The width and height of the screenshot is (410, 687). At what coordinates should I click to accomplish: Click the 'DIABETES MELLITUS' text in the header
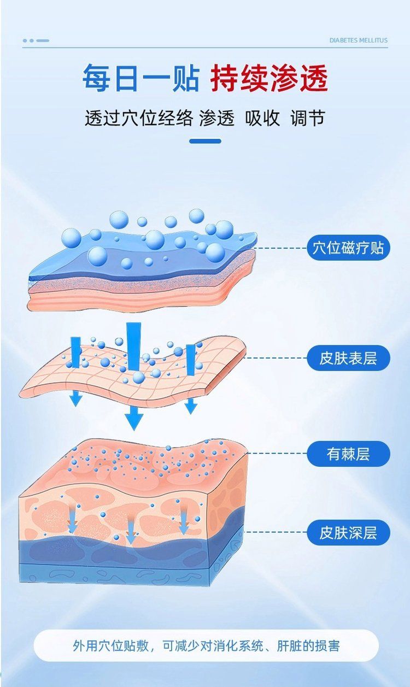[359, 40]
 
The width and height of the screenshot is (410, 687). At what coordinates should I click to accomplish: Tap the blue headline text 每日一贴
[141, 78]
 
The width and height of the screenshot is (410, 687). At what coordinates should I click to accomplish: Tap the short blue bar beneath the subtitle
[205, 141]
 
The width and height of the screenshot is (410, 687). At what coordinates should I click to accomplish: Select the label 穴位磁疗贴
[348, 248]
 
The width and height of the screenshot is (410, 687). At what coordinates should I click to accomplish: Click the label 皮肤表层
[348, 358]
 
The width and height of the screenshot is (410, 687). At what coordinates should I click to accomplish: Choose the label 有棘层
[348, 454]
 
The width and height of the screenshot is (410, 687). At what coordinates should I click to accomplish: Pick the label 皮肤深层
[348, 533]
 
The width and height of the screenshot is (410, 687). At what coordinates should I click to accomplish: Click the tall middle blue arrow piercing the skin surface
[134, 346]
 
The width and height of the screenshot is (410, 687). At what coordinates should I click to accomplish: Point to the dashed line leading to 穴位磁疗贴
[281, 248]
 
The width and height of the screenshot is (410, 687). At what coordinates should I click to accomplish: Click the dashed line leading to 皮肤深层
[276, 532]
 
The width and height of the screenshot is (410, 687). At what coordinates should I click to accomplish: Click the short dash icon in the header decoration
[43, 40]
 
